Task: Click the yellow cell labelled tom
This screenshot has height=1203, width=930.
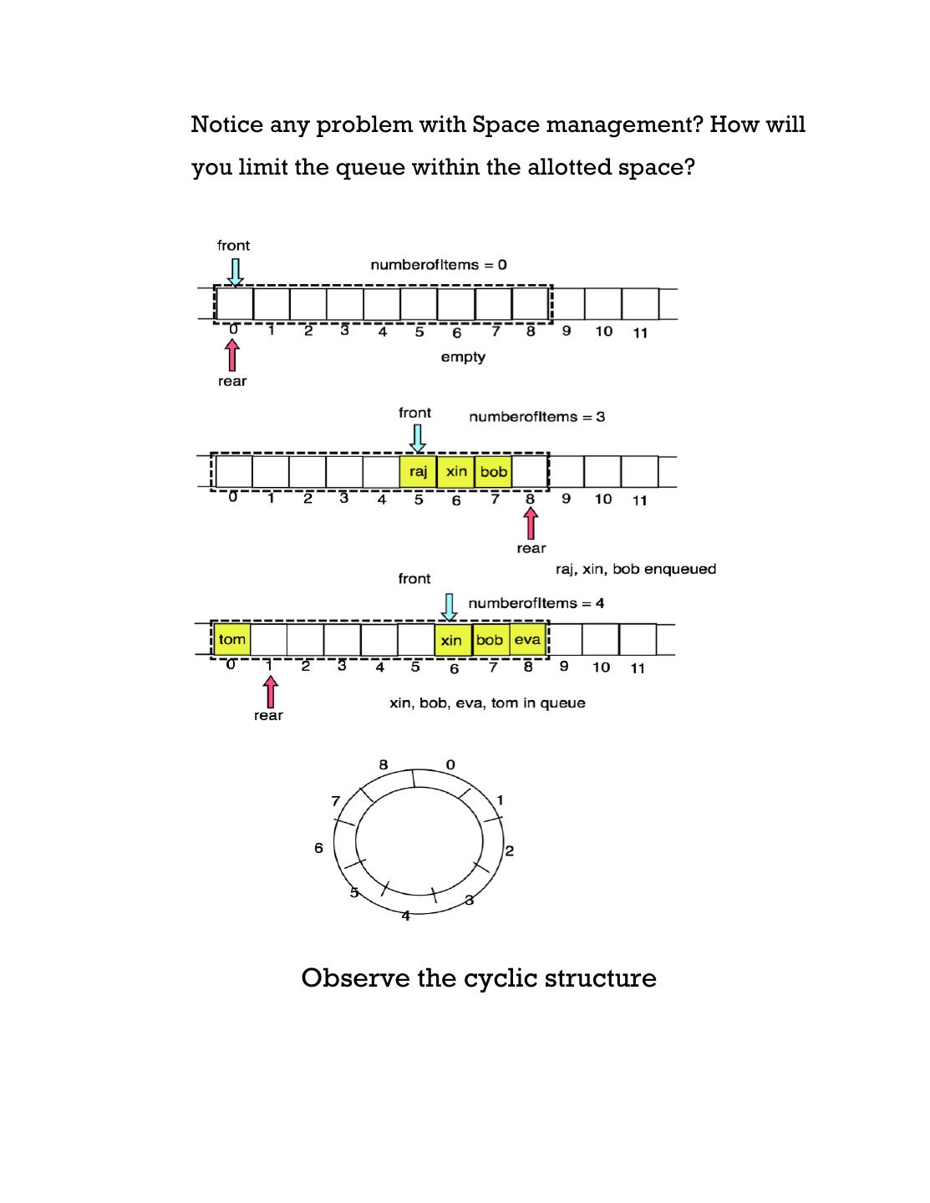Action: (x=232, y=640)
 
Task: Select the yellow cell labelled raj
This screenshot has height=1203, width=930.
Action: (x=418, y=472)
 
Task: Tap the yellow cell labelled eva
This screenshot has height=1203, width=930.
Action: (x=527, y=640)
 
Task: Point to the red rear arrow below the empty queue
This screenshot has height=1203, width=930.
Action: (x=232, y=357)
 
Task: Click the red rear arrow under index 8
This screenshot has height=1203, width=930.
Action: (x=531, y=524)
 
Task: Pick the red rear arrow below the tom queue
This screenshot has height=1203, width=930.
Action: (x=269, y=692)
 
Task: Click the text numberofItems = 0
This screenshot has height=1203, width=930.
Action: (x=439, y=265)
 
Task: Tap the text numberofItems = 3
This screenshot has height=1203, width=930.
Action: (x=537, y=417)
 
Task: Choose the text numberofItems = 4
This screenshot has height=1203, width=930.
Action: (x=536, y=603)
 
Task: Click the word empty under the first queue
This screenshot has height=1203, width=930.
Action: (x=463, y=358)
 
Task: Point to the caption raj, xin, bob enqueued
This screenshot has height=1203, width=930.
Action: (x=636, y=569)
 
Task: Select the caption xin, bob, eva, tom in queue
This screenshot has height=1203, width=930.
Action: (x=488, y=703)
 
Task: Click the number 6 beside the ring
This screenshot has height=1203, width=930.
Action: (x=318, y=849)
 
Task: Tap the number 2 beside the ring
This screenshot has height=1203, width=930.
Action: (x=510, y=851)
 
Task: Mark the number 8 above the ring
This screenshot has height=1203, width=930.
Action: (x=384, y=764)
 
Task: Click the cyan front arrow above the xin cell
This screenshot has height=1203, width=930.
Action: (x=450, y=607)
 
